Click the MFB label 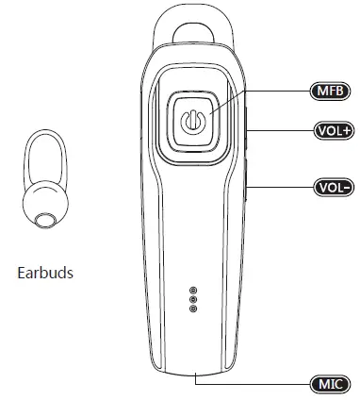pos(330,91)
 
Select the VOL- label pos(331,186)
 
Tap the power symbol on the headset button pos(192,124)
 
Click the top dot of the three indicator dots pos(192,290)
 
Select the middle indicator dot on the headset pos(192,299)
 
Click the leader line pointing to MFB pos(273,91)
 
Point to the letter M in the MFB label pos(320,91)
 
